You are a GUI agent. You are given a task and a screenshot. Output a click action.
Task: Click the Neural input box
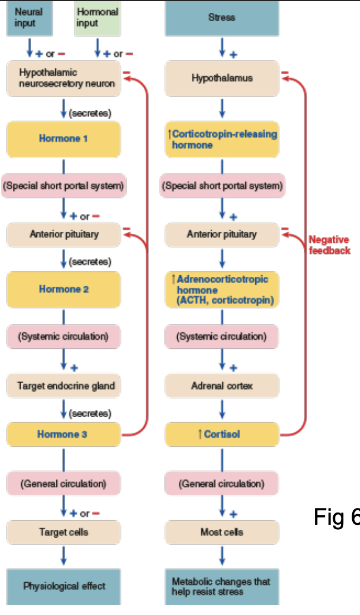click(x=30, y=19)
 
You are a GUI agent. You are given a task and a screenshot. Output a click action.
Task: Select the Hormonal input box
click(x=98, y=19)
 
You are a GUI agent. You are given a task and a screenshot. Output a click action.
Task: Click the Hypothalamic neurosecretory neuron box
click(x=64, y=79)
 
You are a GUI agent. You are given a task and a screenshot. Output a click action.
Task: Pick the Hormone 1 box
click(x=64, y=139)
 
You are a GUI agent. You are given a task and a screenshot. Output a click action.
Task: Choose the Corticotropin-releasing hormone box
click(x=222, y=139)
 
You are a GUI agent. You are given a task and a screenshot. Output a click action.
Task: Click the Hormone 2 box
click(x=64, y=289)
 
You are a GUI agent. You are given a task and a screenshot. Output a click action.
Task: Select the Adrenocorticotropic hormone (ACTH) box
click(x=222, y=290)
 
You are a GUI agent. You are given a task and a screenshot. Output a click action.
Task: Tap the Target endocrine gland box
click(x=64, y=385)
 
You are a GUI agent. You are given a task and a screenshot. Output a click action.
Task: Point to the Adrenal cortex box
click(x=222, y=385)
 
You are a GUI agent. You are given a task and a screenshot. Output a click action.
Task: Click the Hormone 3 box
click(x=64, y=434)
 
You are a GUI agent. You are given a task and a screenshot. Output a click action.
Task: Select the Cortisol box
click(x=222, y=434)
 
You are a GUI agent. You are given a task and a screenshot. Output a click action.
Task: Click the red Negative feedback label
click(x=329, y=245)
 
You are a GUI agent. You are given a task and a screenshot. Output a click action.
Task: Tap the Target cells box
click(x=64, y=532)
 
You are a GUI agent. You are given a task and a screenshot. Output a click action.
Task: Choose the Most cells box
click(x=222, y=532)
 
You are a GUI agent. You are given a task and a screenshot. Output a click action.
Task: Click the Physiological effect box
click(x=64, y=586)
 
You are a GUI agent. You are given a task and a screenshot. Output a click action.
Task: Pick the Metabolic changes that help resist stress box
click(x=222, y=586)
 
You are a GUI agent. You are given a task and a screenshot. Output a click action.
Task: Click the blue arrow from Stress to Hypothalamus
click(x=222, y=47)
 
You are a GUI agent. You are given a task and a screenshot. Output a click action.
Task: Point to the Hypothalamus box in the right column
click(x=222, y=79)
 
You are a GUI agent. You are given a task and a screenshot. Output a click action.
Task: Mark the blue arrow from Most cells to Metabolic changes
click(x=222, y=555)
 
